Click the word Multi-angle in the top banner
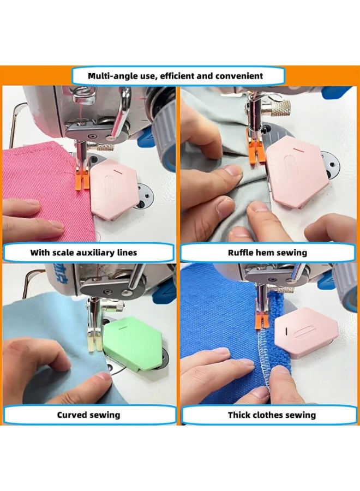112,76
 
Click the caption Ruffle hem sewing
267,253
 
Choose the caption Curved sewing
89,415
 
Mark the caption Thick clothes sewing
272,415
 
